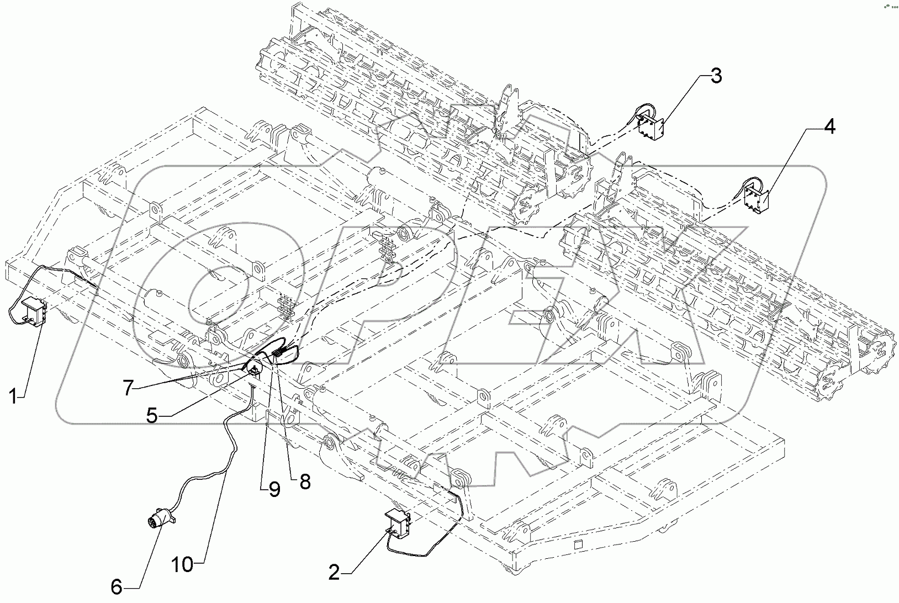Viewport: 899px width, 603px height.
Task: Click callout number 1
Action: [x=15, y=396]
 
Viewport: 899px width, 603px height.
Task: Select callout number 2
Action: [x=334, y=573]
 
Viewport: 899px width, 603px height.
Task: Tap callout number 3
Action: [x=716, y=76]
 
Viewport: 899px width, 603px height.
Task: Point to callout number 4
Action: [x=829, y=127]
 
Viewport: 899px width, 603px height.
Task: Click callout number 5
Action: [x=154, y=415]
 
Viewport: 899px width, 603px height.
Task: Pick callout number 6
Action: [x=116, y=587]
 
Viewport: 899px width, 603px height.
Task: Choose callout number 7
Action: [x=128, y=389]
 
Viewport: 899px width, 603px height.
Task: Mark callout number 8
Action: [x=304, y=482]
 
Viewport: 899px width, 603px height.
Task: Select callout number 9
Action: [x=274, y=489]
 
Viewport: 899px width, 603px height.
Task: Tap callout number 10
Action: [x=182, y=564]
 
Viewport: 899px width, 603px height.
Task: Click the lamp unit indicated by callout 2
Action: [x=399, y=522]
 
